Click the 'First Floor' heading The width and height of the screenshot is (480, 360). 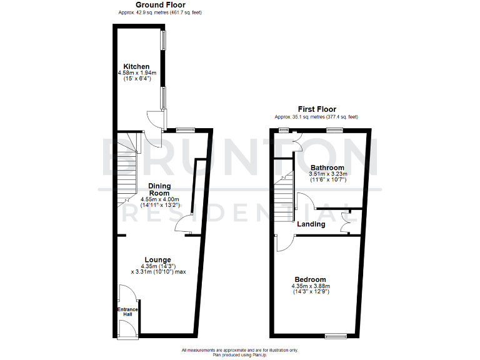[x=316, y=109]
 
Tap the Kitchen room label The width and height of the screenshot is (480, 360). [x=136, y=66]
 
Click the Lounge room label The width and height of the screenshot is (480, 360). [x=158, y=259]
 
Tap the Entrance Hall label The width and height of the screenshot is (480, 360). [x=127, y=311]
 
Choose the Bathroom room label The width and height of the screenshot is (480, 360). [x=327, y=167]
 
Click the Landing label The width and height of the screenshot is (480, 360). [x=311, y=224]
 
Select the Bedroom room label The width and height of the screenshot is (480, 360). [x=311, y=279]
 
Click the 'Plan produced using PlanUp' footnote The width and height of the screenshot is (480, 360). [x=239, y=354]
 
